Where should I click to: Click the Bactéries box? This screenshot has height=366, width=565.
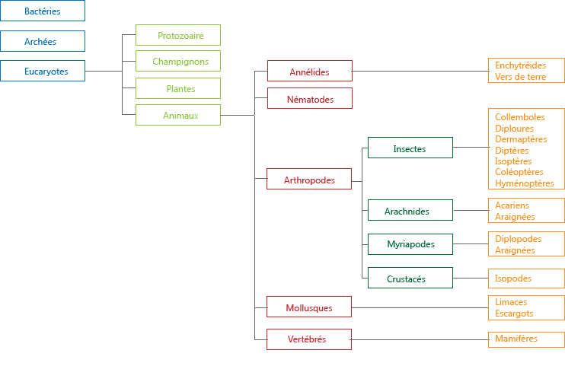[x=43, y=11]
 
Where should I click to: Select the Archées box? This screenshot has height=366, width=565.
[x=43, y=41]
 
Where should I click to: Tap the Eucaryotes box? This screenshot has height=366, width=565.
[x=43, y=71]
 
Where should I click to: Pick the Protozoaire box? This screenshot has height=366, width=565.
[x=178, y=35]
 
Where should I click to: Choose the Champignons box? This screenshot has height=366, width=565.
[x=178, y=61]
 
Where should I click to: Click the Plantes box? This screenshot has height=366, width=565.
[x=178, y=88]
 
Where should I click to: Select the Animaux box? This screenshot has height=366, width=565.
[x=178, y=115]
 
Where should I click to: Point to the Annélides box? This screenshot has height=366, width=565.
[x=310, y=71]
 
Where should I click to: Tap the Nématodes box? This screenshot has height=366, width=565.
[x=310, y=98]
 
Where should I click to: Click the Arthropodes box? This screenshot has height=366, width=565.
[x=309, y=179]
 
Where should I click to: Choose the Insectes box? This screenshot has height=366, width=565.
[x=410, y=148]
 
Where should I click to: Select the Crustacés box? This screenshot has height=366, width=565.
[x=410, y=278]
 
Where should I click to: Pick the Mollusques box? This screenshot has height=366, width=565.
[x=309, y=307]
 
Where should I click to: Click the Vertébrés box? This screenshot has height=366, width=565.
[x=309, y=339]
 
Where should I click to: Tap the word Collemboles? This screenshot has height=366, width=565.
[x=519, y=117]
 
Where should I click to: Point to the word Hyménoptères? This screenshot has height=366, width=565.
[x=525, y=183]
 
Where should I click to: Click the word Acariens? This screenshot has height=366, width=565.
[x=512, y=205]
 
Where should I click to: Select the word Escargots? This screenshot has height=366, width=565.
[x=514, y=313]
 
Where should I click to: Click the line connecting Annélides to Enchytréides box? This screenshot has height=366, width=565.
[x=420, y=71]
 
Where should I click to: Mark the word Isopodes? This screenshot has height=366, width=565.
[x=513, y=278]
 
